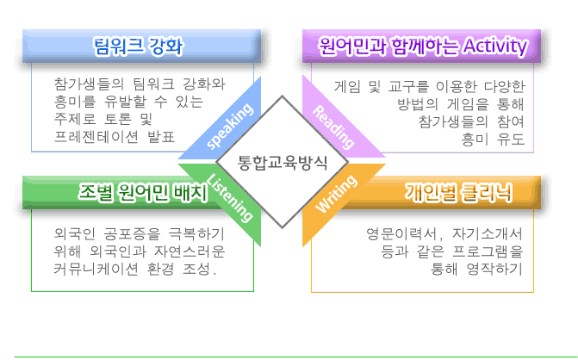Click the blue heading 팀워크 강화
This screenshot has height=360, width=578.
pos(139,46)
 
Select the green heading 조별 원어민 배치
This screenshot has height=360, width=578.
pos(143,192)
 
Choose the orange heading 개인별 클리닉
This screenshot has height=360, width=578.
pos(459,192)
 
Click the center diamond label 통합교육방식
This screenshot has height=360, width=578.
pos(283,163)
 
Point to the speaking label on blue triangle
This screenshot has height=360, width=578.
pos(230,126)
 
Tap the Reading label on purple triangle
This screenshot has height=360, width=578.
pos(333,127)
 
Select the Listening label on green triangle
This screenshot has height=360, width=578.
pos(230,198)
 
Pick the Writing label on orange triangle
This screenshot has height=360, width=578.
pos(336,194)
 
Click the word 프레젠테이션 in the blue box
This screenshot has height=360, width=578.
pos(96,137)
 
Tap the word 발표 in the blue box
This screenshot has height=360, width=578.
pos(161,137)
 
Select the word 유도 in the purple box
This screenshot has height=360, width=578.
pos(511,140)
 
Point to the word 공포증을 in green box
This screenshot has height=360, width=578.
pos(133,233)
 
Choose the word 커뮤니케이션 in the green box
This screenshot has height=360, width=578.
pos(96,270)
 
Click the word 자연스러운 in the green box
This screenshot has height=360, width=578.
pos(190,251)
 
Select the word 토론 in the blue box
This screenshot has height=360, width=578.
pos(118,119)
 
